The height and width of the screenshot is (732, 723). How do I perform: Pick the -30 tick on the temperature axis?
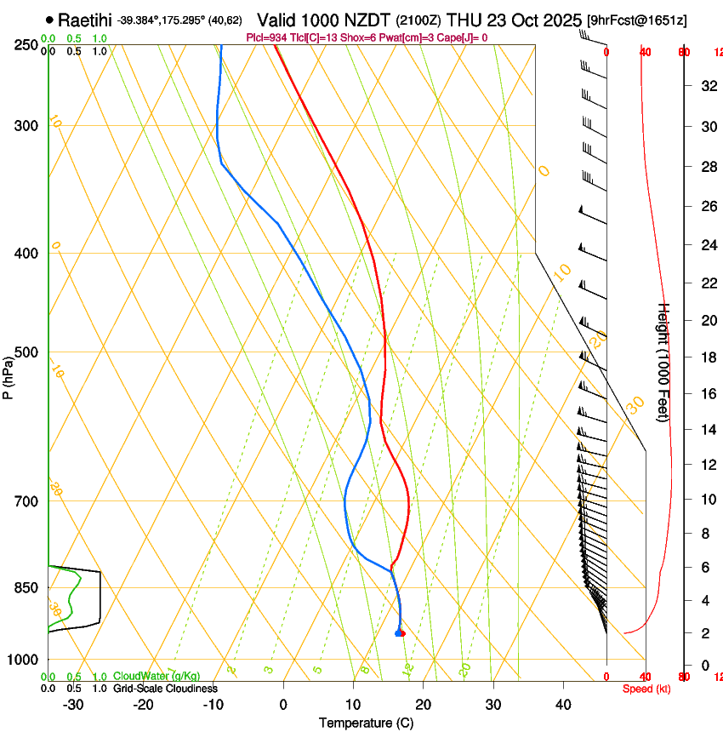pos(73,704)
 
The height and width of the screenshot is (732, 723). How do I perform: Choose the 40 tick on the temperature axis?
pos(562,704)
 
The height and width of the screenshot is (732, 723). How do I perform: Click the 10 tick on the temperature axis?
pos(353,704)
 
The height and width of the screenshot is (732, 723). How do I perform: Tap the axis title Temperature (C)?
pos(366,723)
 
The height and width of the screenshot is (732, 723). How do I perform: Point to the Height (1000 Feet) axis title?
pos(664,362)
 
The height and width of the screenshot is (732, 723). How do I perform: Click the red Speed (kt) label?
pos(646,689)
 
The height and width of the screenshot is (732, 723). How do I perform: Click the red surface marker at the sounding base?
pos(402,633)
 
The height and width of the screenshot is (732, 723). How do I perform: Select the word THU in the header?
pos(463,20)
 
